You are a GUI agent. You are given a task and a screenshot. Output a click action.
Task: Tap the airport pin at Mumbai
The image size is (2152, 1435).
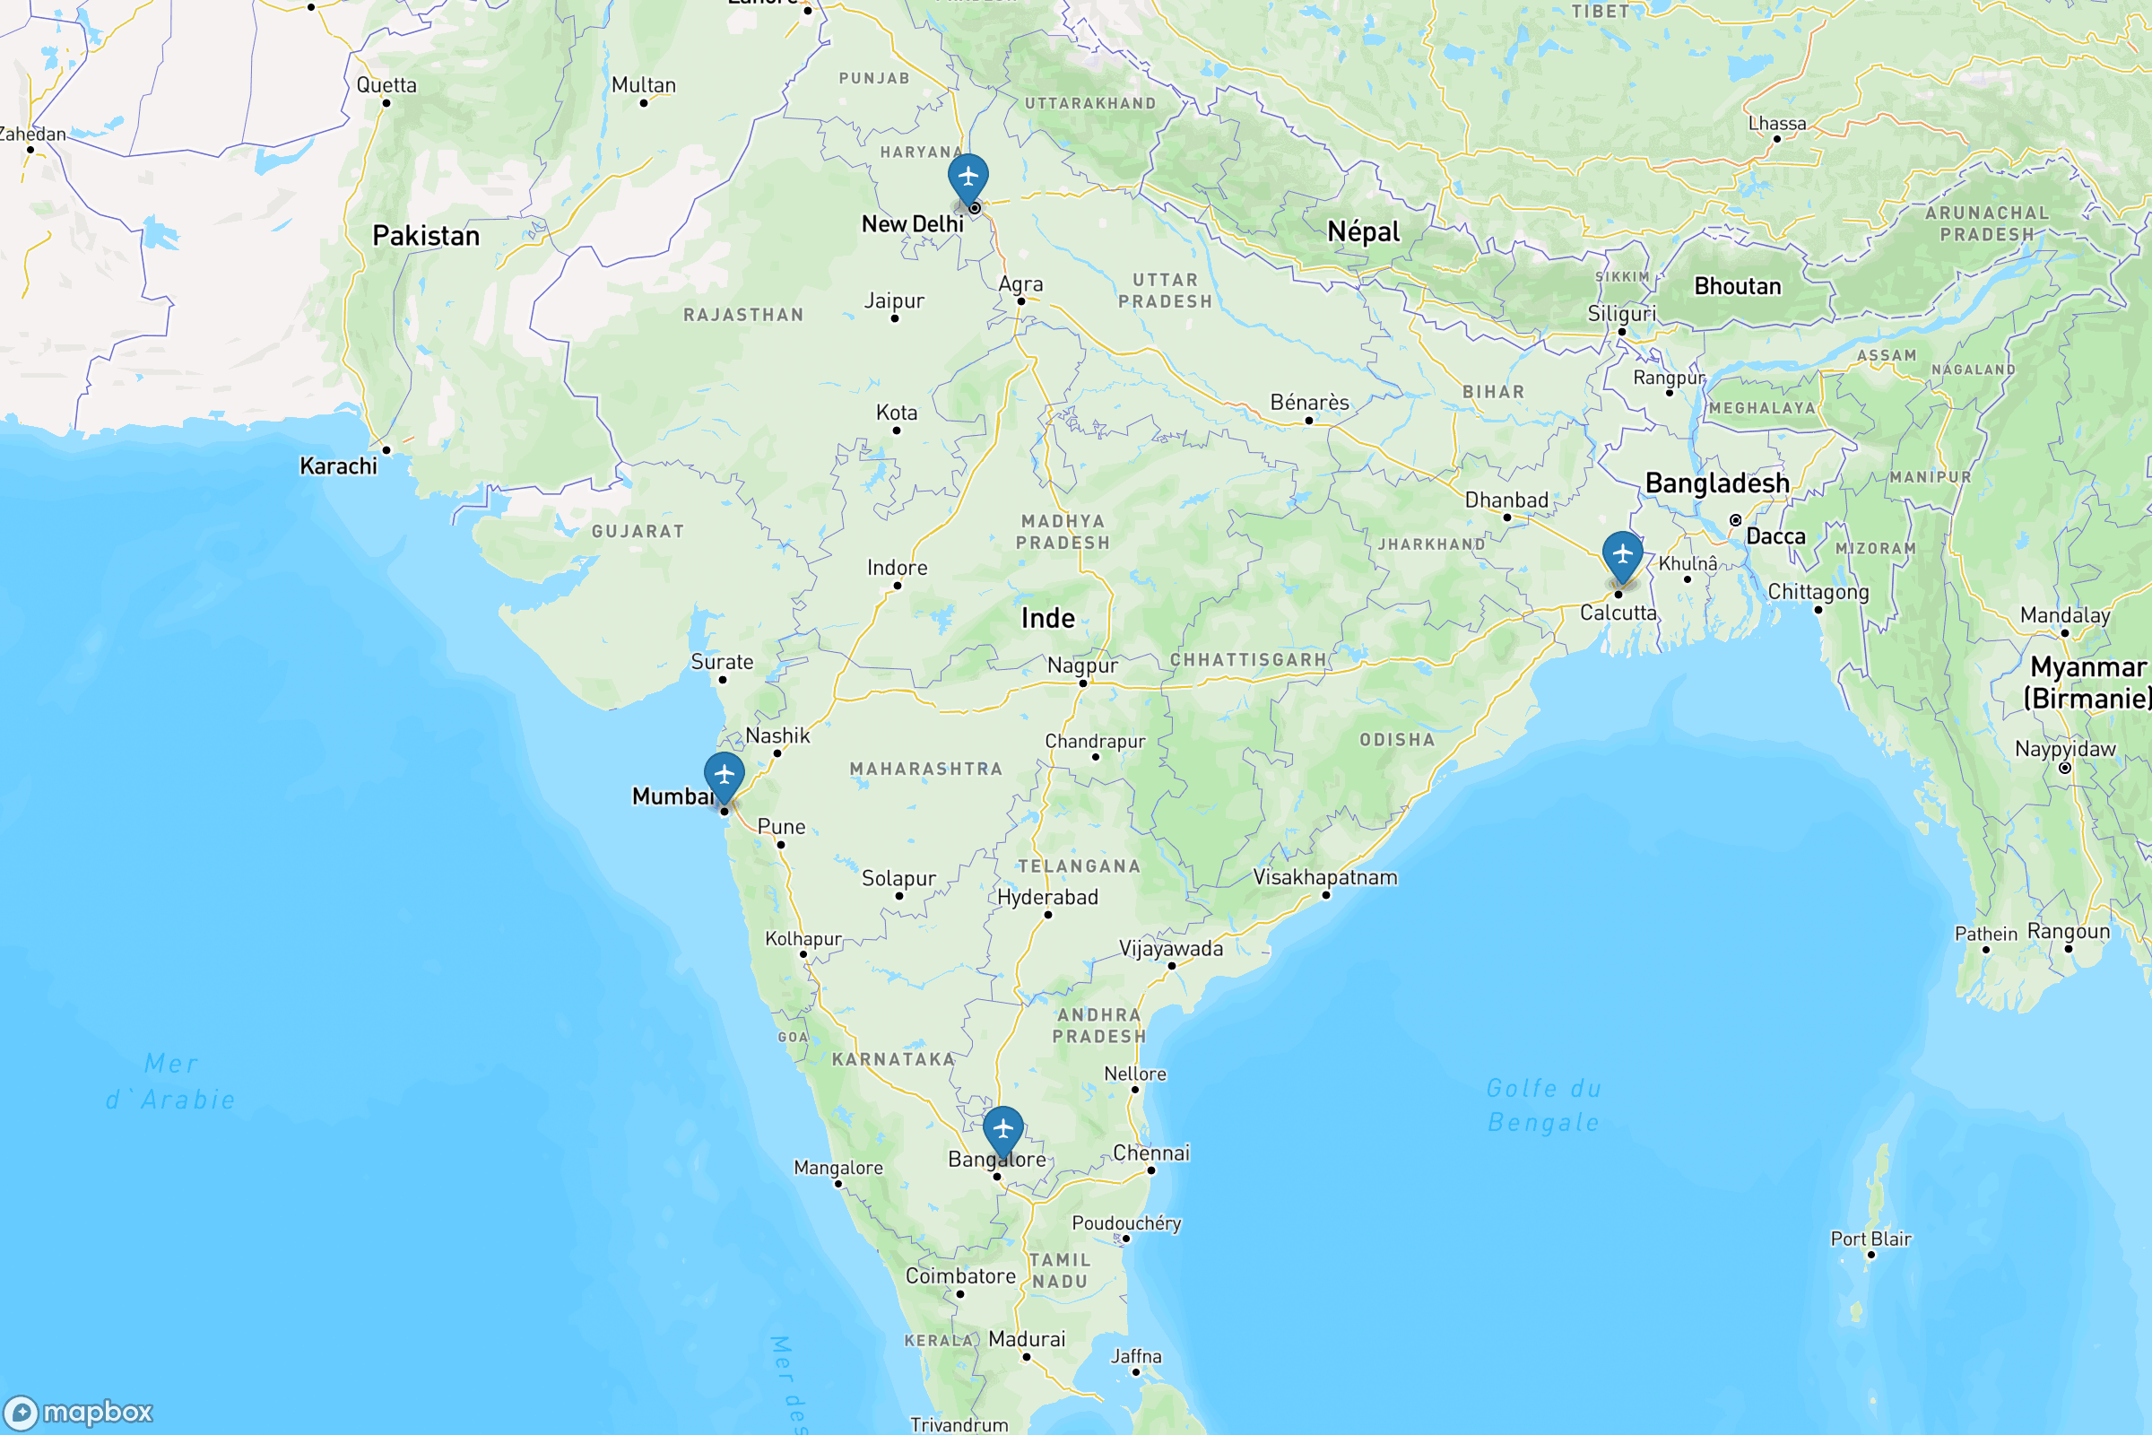[724, 774]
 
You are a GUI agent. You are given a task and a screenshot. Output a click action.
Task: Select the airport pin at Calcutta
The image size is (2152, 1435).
[1622, 553]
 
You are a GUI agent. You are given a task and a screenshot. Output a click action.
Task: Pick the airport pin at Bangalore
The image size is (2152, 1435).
[1002, 1128]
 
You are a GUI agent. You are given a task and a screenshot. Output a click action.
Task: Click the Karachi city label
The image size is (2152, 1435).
[339, 466]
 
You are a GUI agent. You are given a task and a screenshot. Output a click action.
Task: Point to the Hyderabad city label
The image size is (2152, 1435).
[1047, 898]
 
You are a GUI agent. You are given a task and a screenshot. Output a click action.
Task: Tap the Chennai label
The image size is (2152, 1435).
[1151, 1153]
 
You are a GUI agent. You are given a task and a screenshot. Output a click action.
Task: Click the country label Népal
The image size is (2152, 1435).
[1363, 232]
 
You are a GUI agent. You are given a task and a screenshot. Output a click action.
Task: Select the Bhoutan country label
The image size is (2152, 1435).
[1738, 286]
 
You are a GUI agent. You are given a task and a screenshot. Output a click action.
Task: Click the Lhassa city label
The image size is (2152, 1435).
[1777, 124]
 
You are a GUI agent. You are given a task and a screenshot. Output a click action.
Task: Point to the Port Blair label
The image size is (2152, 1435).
[1871, 1239]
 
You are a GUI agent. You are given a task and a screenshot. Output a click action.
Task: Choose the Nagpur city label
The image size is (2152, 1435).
[1082, 665]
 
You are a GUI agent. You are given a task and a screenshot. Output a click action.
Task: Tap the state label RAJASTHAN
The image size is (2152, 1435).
[743, 315]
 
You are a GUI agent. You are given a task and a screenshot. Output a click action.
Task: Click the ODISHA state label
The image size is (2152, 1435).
[1397, 739]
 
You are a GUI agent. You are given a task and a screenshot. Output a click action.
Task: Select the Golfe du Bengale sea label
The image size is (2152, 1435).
[1543, 1106]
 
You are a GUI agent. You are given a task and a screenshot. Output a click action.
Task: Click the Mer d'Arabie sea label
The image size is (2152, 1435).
[171, 1082]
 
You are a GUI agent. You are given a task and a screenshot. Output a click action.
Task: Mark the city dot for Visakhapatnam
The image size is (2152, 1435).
[1326, 895]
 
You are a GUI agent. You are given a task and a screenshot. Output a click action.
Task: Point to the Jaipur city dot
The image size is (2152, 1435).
[895, 318]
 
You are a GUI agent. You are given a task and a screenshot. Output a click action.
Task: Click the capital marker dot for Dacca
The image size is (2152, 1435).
[1736, 520]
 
